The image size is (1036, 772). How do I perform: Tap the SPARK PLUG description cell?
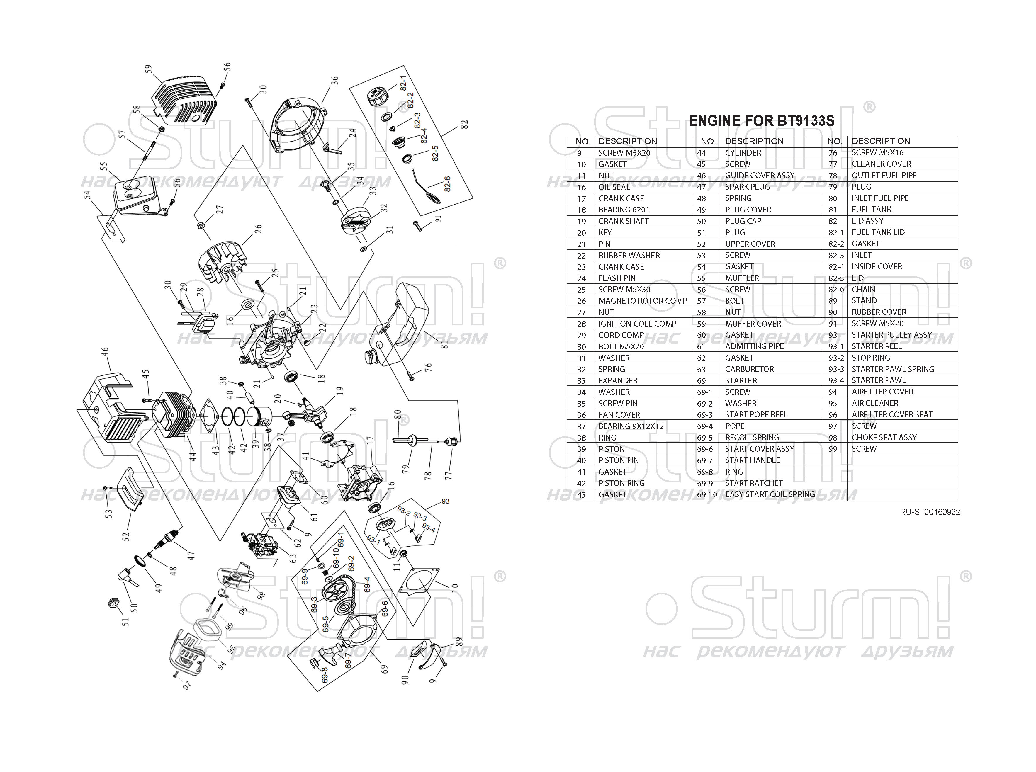point(747,187)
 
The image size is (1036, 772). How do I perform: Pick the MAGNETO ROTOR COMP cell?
point(643,301)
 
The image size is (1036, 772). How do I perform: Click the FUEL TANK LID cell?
point(878,232)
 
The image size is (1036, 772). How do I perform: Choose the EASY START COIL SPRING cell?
point(770,494)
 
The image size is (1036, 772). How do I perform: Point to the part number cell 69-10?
point(706,494)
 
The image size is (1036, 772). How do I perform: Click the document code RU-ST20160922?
point(930,512)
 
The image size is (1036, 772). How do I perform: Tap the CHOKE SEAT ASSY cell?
point(884,437)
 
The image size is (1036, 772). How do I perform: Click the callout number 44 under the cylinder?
point(193,456)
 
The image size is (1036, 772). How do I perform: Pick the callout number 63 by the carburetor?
point(293,558)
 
